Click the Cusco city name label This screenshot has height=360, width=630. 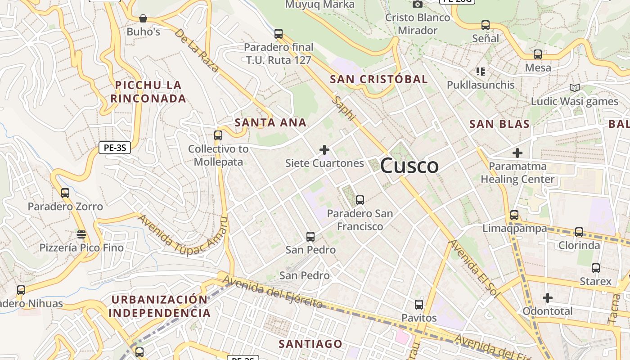tap(409, 166)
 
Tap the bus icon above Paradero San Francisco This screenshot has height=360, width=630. tap(360, 200)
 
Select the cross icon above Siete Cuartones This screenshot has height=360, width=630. tap(324, 149)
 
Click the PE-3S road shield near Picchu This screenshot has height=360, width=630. tap(114, 147)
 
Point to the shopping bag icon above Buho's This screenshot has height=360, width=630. tap(143, 18)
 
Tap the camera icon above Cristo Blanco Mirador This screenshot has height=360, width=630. tap(417, 4)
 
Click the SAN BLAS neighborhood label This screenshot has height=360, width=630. tap(499, 124)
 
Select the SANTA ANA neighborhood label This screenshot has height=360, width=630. tap(270, 122)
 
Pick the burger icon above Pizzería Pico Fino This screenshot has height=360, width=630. tap(81, 234)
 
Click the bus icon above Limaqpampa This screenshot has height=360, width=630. tap(514, 215)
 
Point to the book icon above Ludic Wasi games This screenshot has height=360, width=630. tap(574, 88)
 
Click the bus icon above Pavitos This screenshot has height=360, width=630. tap(419, 305)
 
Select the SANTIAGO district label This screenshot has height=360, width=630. tap(310, 344)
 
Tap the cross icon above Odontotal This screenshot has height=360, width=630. tap(547, 298)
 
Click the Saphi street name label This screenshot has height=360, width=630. tap(343, 108)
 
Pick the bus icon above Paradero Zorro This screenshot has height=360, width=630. tap(65, 193)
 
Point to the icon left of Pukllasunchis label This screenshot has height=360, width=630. tap(480, 72)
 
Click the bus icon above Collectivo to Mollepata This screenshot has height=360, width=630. tap(218, 135)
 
